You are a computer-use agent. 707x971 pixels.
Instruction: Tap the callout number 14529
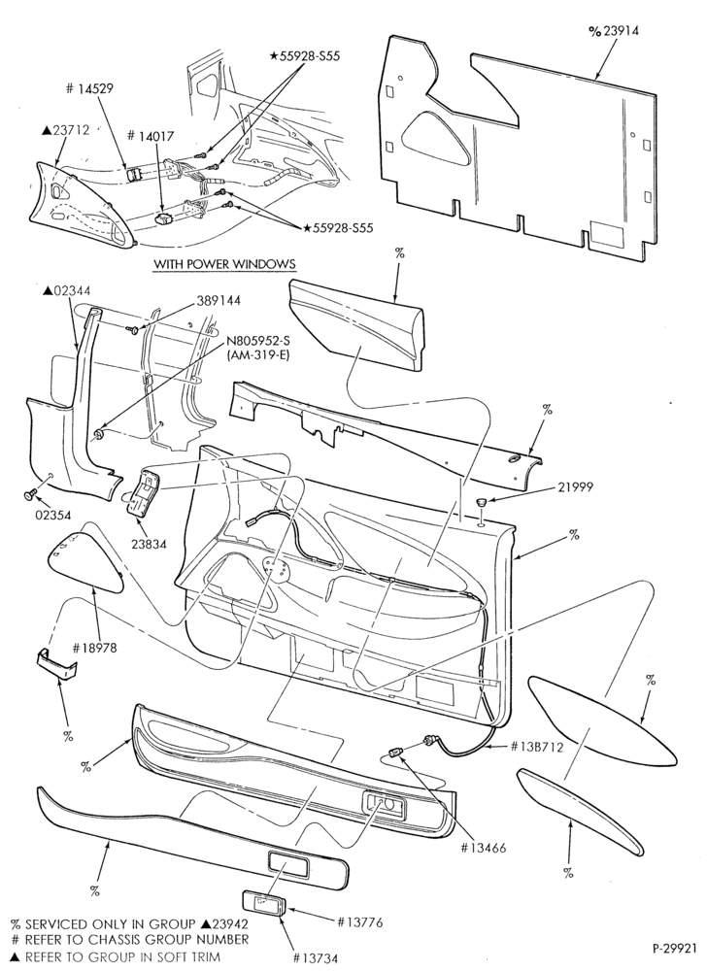click(x=95, y=88)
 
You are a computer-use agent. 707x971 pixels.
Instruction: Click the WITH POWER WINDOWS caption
click(x=224, y=264)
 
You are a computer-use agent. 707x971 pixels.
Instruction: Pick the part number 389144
click(x=219, y=300)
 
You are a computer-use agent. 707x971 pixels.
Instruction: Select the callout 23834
click(x=148, y=545)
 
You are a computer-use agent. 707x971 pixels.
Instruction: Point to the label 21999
click(x=575, y=486)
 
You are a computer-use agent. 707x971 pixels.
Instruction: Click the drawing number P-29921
click(x=675, y=948)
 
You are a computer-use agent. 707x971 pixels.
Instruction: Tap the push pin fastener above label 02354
click(x=28, y=494)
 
